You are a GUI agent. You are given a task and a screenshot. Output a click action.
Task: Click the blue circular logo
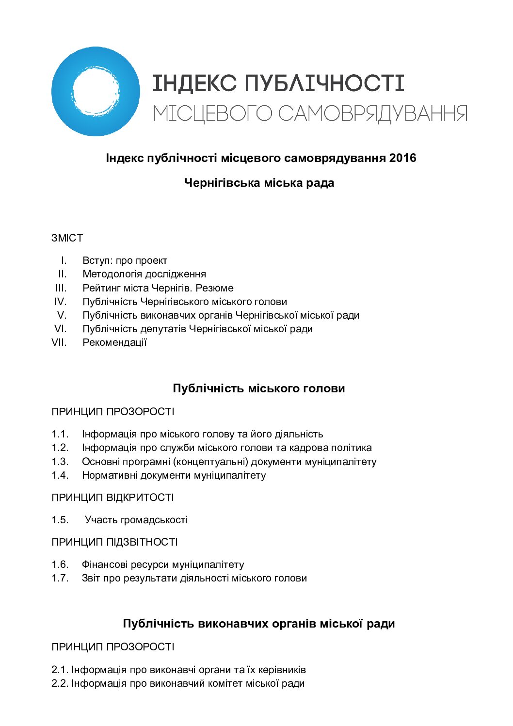point(96,92)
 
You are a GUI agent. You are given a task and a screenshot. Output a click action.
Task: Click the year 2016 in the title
point(402,158)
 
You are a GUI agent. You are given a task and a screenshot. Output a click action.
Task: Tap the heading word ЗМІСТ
point(67,238)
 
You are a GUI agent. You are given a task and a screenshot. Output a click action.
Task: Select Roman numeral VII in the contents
point(59,342)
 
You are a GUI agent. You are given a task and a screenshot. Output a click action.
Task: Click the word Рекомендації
point(114,342)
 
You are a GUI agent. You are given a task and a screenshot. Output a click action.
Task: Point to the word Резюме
point(214,288)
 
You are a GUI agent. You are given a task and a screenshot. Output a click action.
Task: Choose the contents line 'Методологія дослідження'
point(144,274)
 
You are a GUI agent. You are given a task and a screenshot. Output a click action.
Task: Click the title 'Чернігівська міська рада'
point(259,183)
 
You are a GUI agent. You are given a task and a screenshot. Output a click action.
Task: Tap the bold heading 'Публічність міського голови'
point(258,388)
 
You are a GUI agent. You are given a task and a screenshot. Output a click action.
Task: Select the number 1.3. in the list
point(60,462)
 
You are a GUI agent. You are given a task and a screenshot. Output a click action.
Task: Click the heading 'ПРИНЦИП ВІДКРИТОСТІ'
point(112,498)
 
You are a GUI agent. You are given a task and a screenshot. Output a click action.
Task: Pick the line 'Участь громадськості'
point(136,520)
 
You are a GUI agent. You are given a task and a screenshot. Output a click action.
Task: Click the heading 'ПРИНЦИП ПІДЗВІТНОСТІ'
point(114,542)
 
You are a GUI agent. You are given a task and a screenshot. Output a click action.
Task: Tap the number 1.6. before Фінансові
point(60,565)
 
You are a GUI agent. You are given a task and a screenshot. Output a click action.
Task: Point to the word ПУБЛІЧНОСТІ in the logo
point(324,83)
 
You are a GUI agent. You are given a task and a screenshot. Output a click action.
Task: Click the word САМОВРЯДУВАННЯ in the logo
point(372,113)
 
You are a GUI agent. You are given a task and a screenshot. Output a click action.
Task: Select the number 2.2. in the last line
point(60,683)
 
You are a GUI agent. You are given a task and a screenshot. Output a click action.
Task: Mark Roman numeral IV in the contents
point(60,302)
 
